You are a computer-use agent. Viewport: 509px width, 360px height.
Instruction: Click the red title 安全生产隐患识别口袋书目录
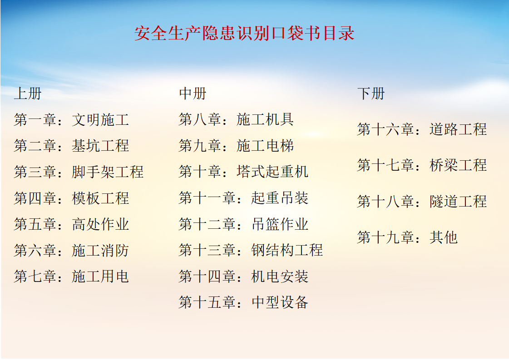[x=244, y=34]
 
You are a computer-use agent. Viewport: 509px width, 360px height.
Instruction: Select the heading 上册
[x=28, y=94]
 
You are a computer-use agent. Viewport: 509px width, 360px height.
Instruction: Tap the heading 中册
[x=193, y=94]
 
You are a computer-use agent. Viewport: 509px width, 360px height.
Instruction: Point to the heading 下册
[x=371, y=94]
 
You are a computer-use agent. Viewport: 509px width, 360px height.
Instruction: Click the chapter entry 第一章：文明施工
[x=71, y=120]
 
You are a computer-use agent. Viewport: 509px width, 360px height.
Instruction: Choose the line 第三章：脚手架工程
[x=79, y=172]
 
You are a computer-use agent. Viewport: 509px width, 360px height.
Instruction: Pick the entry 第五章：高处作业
[x=71, y=224]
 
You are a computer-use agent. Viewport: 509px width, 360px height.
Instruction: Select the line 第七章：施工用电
[x=71, y=276]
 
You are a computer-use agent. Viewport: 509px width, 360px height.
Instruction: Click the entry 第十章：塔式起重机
[x=243, y=172]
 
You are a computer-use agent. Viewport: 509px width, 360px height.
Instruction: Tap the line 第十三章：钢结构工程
[x=251, y=250]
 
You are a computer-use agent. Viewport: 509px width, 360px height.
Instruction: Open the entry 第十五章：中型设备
[x=243, y=302]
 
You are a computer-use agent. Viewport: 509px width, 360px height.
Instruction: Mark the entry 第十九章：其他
[x=407, y=237]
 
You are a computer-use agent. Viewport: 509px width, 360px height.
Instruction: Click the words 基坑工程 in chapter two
[x=100, y=146]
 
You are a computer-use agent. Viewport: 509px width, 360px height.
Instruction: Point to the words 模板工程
[x=100, y=198]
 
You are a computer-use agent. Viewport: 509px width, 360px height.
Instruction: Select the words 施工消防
[x=100, y=250]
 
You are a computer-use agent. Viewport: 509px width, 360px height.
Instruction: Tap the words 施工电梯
[x=265, y=146]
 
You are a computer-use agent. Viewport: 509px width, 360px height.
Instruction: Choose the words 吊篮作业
[x=280, y=224]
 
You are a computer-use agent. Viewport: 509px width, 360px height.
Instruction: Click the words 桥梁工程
[x=458, y=165]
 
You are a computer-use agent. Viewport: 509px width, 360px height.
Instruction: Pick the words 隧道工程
[x=458, y=201]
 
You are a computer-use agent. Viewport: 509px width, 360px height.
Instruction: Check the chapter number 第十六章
[x=386, y=129]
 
